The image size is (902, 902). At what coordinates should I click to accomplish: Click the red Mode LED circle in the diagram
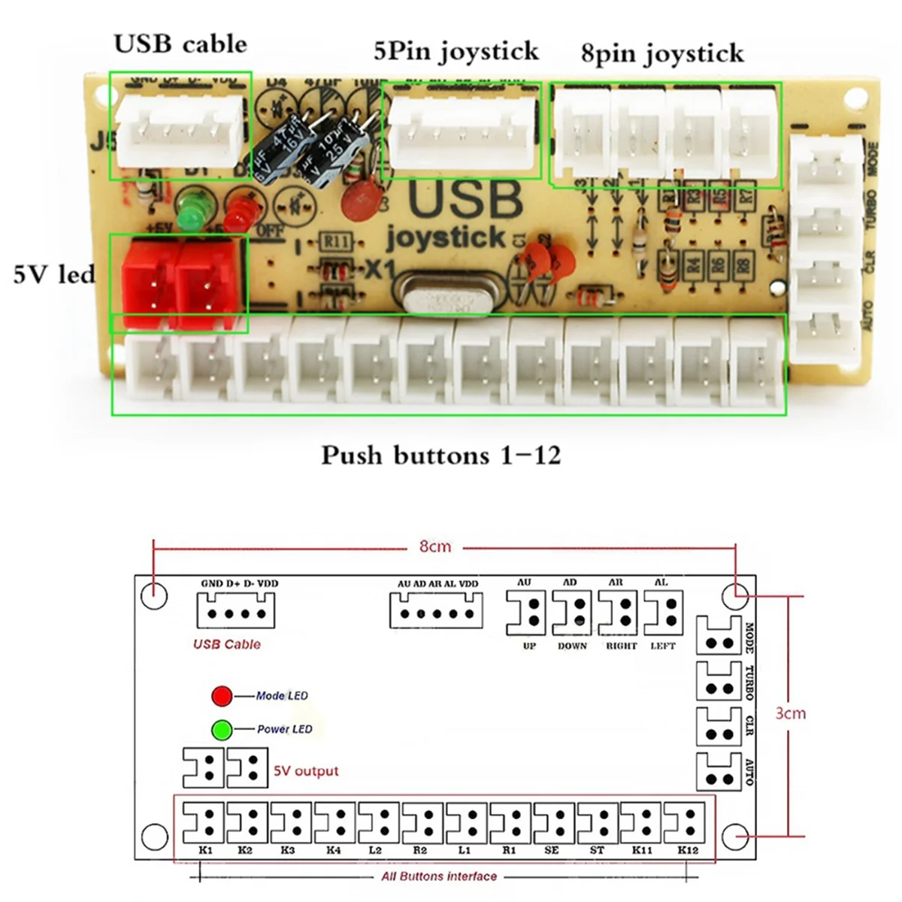pos(222,696)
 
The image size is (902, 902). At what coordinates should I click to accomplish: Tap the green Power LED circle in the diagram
pos(222,729)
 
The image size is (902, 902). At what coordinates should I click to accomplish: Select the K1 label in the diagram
pos(205,850)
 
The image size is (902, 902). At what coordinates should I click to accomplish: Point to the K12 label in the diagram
pos(687,850)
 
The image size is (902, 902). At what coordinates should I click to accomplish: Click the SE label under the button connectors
pos(552,850)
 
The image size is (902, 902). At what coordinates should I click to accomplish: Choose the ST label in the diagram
pos(597,850)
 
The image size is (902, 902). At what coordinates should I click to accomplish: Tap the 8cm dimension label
pos(435,546)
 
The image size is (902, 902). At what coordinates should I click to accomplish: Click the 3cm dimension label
pos(790,713)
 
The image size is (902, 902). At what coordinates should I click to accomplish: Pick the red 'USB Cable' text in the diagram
pos(227,644)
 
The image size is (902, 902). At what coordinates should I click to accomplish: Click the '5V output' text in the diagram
pos(306,771)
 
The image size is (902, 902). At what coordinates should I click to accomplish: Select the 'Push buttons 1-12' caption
pos(441,456)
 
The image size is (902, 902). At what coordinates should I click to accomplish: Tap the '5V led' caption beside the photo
pos(54,274)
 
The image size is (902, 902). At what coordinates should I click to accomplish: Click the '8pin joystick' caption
pos(662,53)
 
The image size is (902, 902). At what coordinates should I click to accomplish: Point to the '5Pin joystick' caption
pos(456,51)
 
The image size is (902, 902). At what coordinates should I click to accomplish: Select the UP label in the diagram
pos(528,646)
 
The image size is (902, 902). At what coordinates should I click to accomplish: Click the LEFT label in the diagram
pos(662,646)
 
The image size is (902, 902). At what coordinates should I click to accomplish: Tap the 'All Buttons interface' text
pos(439,876)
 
